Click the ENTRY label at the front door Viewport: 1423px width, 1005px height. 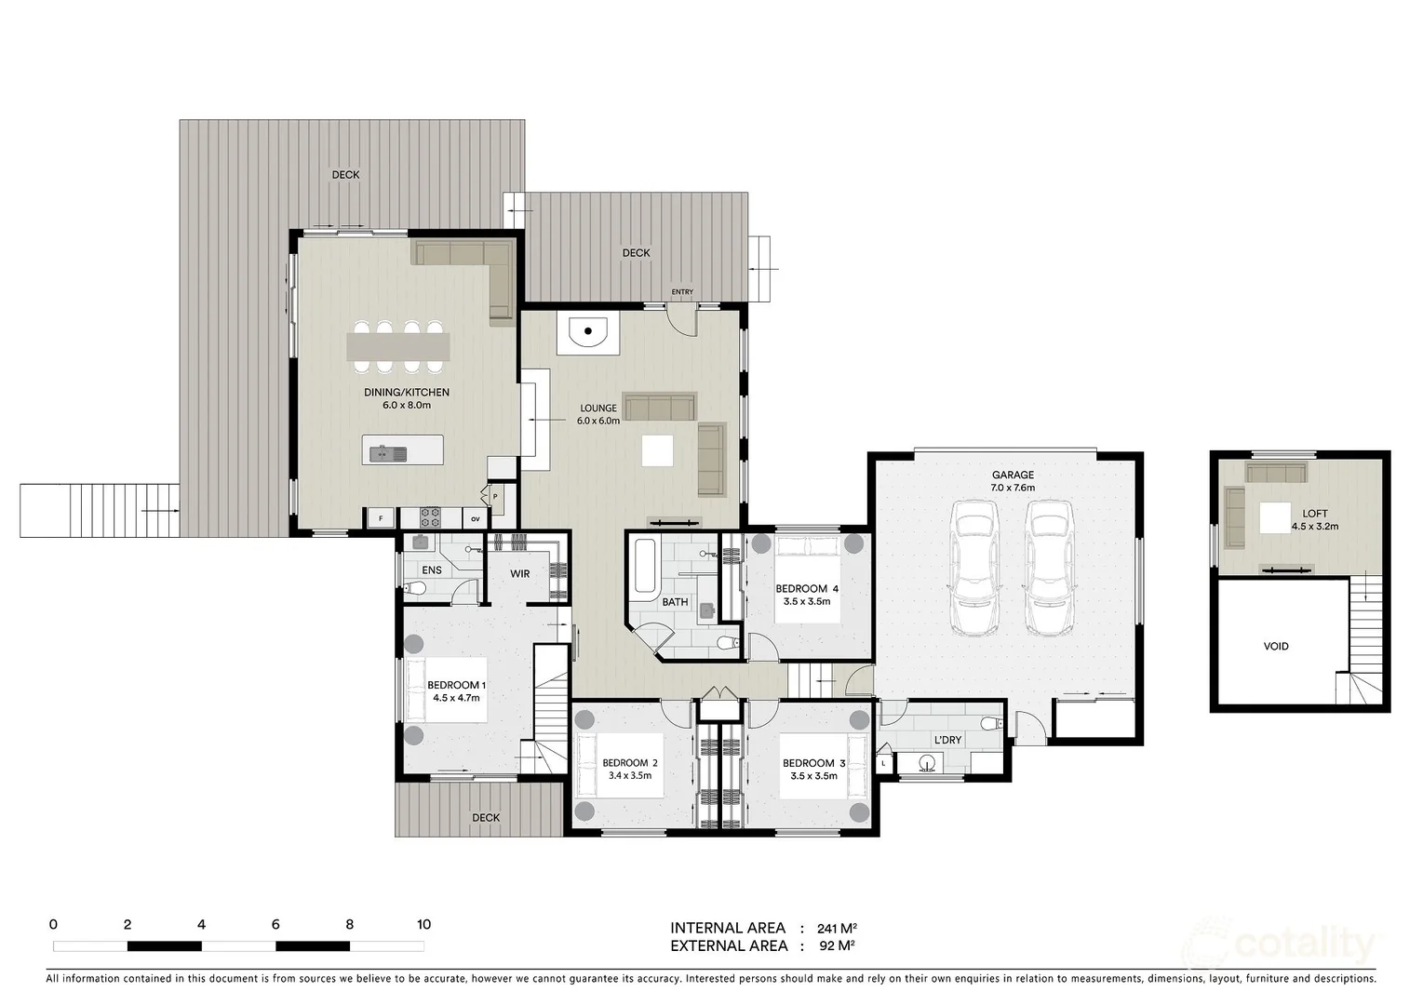pyautogui.click(x=682, y=292)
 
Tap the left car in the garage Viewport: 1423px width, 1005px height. pyautogui.click(x=973, y=569)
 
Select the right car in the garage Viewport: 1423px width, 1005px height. pyautogui.click(x=1049, y=569)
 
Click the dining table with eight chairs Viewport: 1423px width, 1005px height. pyautogui.click(x=397, y=347)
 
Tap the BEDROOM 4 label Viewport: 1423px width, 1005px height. pyautogui.click(x=807, y=589)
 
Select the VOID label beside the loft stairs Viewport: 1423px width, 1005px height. pyautogui.click(x=1276, y=647)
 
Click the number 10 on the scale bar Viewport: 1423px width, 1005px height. pyautogui.click(x=423, y=925)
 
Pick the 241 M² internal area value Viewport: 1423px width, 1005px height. pyautogui.click(x=836, y=929)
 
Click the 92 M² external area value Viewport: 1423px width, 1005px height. pyautogui.click(x=836, y=946)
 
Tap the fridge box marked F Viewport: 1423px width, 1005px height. pyautogui.click(x=380, y=519)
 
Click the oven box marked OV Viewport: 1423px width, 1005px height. pyautogui.click(x=475, y=519)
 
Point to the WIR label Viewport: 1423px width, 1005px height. pyautogui.click(x=519, y=574)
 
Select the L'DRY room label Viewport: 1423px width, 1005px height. pyautogui.click(x=947, y=741)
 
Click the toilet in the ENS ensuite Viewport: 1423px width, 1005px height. pyautogui.click(x=415, y=588)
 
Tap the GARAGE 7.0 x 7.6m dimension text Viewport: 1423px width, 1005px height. pyautogui.click(x=1013, y=488)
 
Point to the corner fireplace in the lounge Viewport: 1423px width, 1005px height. pyautogui.click(x=586, y=332)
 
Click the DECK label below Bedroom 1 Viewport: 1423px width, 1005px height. pyautogui.click(x=486, y=818)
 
